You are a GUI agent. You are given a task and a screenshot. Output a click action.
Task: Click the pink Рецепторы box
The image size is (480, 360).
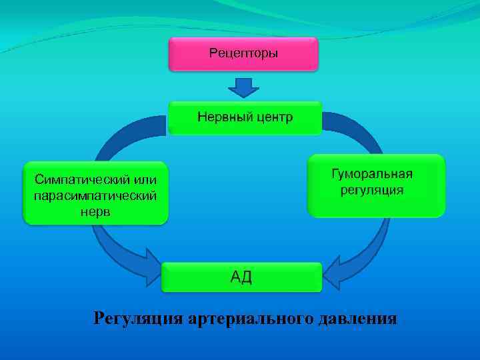pos(243,54)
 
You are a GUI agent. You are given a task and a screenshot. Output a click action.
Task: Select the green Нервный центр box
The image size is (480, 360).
pos(245,118)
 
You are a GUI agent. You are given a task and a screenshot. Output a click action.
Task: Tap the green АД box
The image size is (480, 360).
pos(241,277)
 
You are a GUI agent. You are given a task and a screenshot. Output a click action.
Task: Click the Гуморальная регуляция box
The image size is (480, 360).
pos(376,185)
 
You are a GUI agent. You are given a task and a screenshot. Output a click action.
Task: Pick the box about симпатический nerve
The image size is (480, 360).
pos(96,193)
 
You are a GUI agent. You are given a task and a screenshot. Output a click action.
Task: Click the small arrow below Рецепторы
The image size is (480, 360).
pos(244,87)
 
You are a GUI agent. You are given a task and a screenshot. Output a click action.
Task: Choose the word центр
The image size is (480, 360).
pos(274,118)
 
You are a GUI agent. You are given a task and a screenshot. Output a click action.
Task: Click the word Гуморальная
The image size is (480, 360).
pos(373,174)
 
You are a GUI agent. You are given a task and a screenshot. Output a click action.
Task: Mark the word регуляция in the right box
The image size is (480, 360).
pos(373,191)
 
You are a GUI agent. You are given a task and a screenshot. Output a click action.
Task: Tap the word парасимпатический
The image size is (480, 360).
pos(95,195)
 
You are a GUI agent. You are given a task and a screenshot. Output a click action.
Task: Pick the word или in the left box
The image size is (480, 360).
pos(145,179)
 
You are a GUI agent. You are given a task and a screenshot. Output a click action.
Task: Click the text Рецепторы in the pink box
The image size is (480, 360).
pos(243,53)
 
